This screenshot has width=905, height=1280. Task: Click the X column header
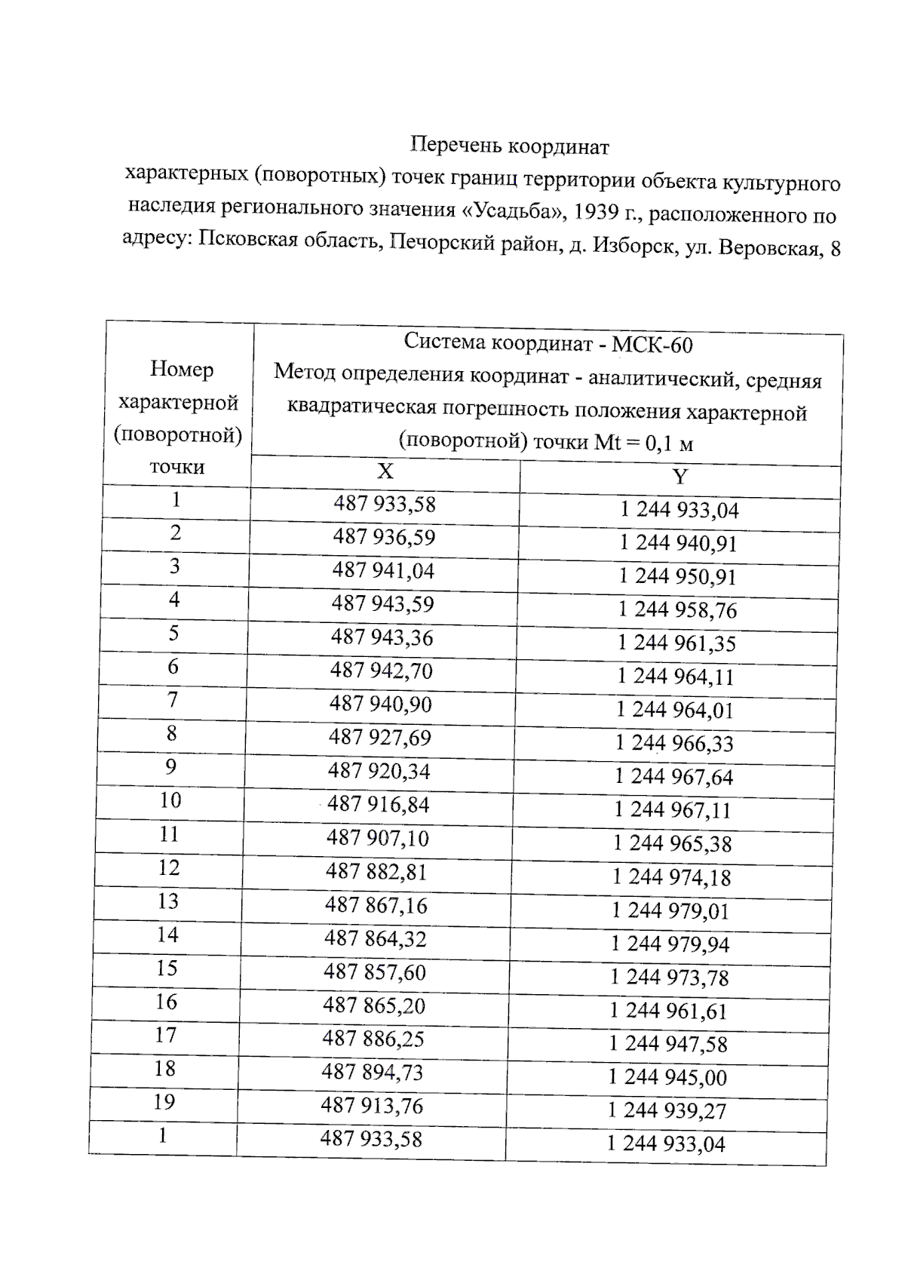tap(385, 472)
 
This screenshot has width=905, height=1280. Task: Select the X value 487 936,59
tap(384, 538)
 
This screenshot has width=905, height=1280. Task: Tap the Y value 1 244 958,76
tap(677, 610)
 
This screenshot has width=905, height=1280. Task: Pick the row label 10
tap(170, 800)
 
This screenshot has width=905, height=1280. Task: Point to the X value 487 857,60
tap(375, 972)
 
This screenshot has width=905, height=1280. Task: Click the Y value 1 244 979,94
tap(670, 944)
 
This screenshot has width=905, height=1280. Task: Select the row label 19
tap(164, 1103)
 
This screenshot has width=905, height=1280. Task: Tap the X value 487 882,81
tap(376, 872)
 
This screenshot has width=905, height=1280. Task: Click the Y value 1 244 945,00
tap(667, 1078)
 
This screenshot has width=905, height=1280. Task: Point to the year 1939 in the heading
tap(595, 213)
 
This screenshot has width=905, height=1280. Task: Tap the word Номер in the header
tap(182, 370)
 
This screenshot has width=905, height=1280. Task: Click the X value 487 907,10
tap(378, 838)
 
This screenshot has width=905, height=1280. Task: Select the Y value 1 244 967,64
tap(673, 777)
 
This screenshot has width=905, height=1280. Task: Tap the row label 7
tap(173, 700)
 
